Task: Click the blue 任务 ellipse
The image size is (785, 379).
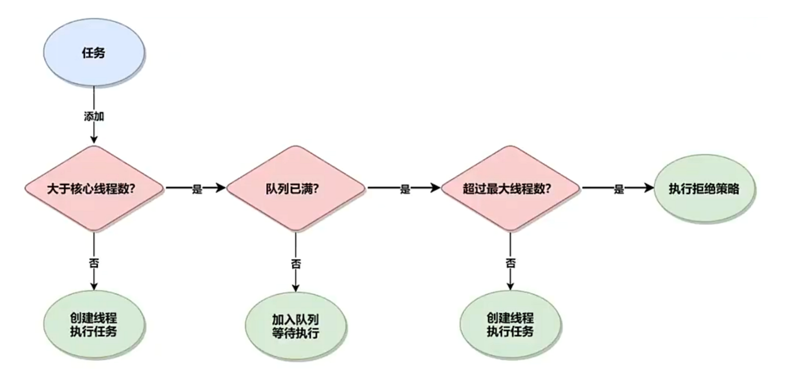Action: coord(94,52)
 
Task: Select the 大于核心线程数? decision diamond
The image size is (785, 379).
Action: coord(94,188)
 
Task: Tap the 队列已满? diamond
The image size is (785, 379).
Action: coord(295,188)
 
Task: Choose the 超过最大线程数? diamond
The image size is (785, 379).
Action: coord(510,188)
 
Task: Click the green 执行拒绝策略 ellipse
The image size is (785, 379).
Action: coord(704,188)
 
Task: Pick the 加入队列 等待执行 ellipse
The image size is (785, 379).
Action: coord(295,326)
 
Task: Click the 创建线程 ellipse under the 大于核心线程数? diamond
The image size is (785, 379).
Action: coord(94,325)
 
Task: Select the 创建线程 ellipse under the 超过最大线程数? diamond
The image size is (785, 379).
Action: coord(510,325)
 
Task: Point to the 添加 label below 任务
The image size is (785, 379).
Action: coord(94,116)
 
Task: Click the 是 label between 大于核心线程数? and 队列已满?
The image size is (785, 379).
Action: coord(197,189)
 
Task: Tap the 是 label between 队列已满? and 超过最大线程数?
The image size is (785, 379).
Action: coord(405,189)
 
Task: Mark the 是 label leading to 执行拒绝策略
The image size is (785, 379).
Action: coord(619,189)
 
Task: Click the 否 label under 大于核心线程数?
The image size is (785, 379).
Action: coord(94,263)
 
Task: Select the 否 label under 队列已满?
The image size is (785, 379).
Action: coord(295,264)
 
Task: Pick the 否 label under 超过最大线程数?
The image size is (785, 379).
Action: coord(510,263)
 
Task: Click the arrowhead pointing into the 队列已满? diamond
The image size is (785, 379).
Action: coord(221,188)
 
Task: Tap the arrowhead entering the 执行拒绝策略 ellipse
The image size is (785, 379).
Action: coord(648,188)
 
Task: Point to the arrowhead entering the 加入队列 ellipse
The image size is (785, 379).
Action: coord(295,288)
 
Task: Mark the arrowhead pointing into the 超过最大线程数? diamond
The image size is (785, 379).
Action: coord(435,188)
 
